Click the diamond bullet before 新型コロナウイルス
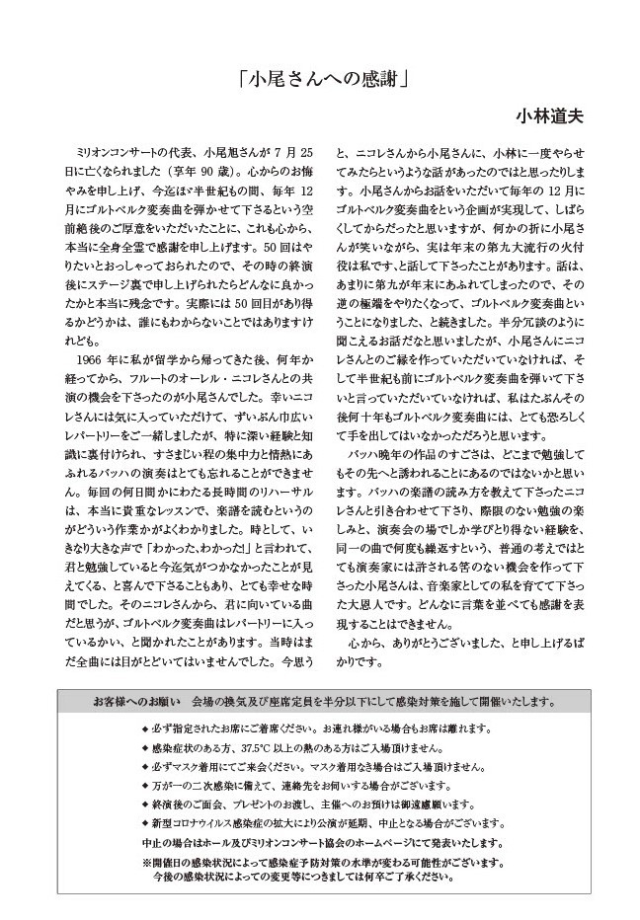[x=145, y=823]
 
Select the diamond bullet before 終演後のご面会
[x=145, y=805]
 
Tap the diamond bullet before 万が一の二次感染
[x=145, y=786]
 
